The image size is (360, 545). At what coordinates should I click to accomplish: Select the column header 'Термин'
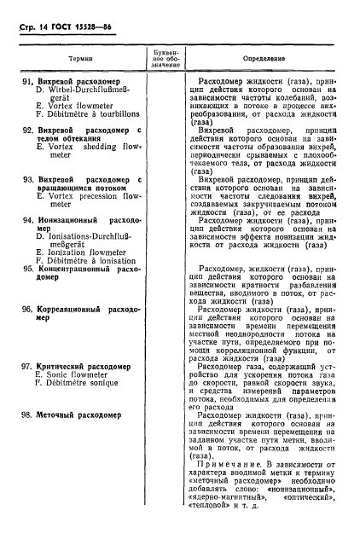point(80,59)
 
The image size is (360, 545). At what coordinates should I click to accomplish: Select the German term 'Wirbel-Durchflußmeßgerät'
point(84,94)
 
